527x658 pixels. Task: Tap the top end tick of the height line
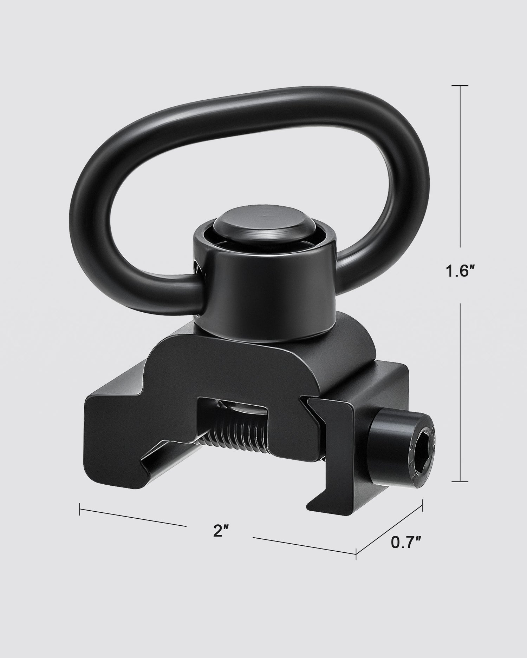pyautogui.click(x=460, y=86)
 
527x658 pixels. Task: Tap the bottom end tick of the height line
pyautogui.click(x=460, y=481)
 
